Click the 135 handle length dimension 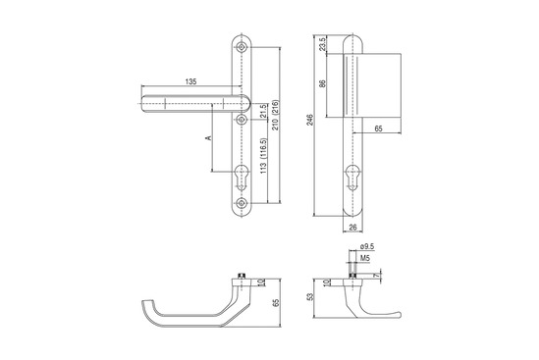click(190, 81)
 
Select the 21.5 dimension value click(263, 111)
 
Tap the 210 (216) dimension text click(276, 115)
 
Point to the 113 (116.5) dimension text click(263, 156)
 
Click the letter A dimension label click(209, 137)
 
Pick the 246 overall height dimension click(310, 120)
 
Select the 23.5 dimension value click(322, 45)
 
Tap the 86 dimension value click(322, 83)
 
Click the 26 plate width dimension click(353, 227)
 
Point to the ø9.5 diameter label click(367, 246)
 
